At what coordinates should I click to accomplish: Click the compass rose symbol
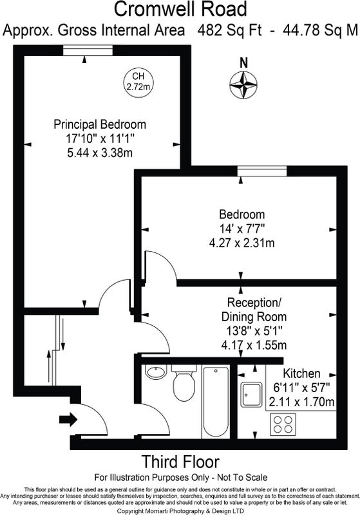pyautogui.click(x=243, y=85)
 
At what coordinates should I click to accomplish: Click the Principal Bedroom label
pyautogui.click(x=100, y=124)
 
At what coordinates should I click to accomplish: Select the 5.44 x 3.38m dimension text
pyautogui.click(x=100, y=153)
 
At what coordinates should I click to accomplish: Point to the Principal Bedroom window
pyautogui.click(x=88, y=50)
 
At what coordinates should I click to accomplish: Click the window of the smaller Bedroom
pyautogui.click(x=262, y=171)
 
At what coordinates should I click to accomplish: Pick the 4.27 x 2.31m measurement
pyautogui.click(x=242, y=243)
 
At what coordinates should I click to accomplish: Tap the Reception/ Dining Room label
pyautogui.click(x=254, y=310)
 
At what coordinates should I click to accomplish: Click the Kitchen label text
pyautogui.click(x=301, y=373)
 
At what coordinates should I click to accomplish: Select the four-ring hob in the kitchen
pyautogui.click(x=283, y=424)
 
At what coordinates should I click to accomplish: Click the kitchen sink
pyautogui.click(x=251, y=395)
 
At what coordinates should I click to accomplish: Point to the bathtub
pyautogui.click(x=216, y=402)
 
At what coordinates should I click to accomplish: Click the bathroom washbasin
pyautogui.click(x=156, y=372)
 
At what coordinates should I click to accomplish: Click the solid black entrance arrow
pyautogui.click(x=68, y=420)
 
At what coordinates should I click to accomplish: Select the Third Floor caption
pyautogui.click(x=180, y=462)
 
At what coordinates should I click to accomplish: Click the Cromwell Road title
pyautogui.click(x=180, y=9)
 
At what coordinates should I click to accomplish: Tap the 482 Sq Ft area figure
pyautogui.click(x=230, y=30)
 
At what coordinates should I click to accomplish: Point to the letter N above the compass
pyautogui.click(x=243, y=62)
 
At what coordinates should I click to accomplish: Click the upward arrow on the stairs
pyautogui.click(x=49, y=367)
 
